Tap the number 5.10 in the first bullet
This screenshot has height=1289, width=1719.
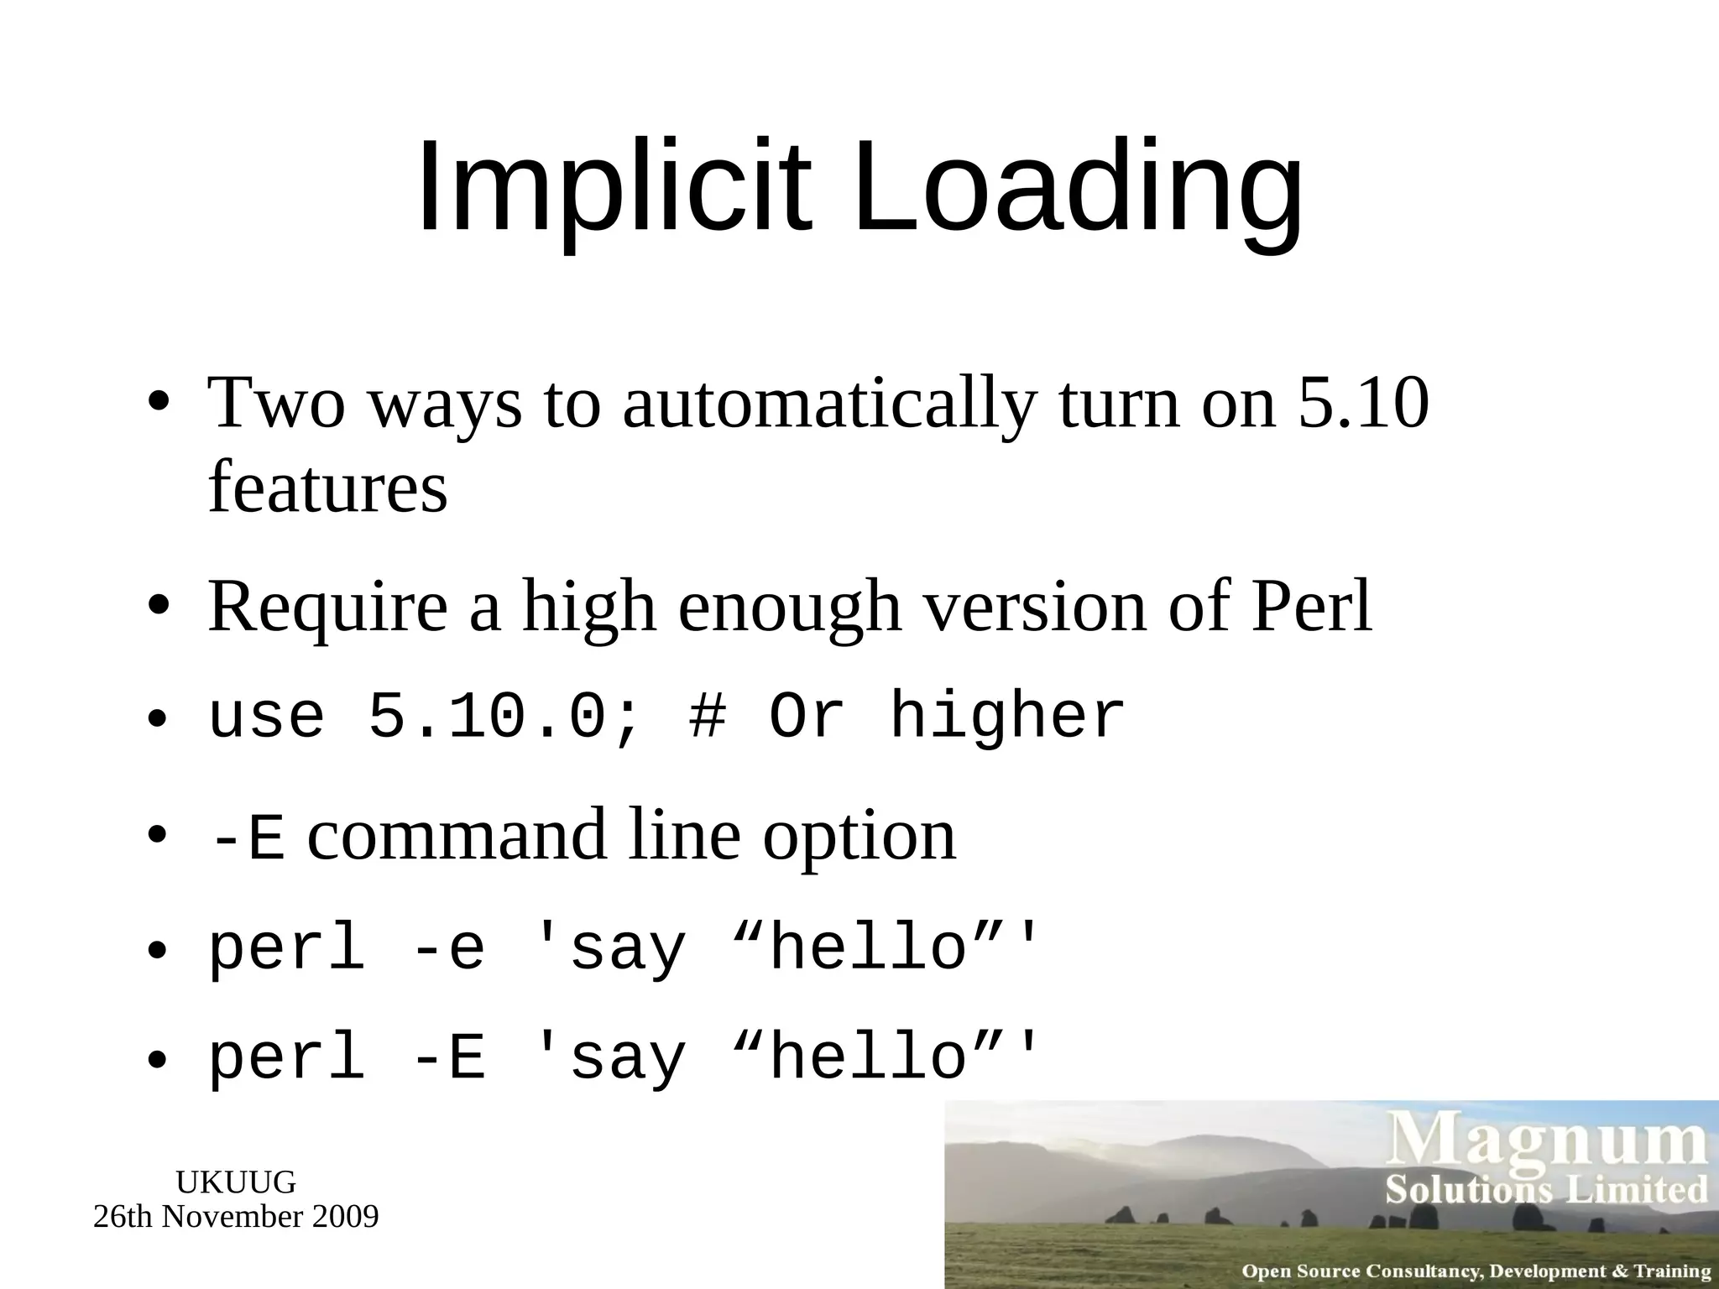[x=1362, y=403]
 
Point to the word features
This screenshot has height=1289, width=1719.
[x=327, y=488]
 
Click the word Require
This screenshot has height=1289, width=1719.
[x=327, y=608]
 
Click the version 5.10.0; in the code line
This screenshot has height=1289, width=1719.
[x=504, y=718]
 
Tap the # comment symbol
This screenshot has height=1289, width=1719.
[x=707, y=718]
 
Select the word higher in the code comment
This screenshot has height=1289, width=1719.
[x=1007, y=718]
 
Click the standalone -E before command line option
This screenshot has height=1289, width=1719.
[x=248, y=838]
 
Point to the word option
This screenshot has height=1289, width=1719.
[x=859, y=838]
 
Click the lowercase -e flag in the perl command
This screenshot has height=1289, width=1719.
[x=449, y=950]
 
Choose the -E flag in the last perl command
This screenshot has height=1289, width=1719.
[x=449, y=1058]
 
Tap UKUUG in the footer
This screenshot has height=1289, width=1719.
[x=236, y=1182]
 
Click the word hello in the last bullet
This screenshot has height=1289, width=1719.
[x=869, y=1058]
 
